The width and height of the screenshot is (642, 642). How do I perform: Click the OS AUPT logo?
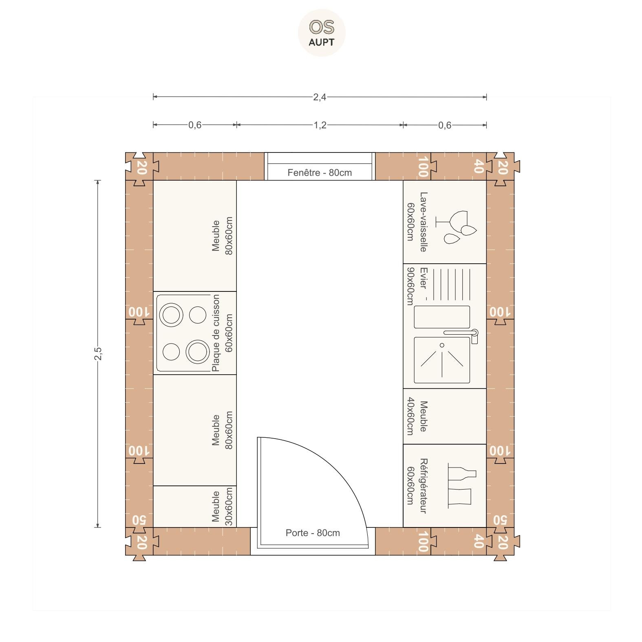(x=322, y=33)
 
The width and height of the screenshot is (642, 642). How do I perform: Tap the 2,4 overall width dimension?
(x=320, y=97)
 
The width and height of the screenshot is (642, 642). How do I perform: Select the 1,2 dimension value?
(x=320, y=125)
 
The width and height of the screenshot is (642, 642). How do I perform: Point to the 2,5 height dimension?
(x=98, y=353)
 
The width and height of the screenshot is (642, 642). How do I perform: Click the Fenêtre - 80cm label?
(x=320, y=172)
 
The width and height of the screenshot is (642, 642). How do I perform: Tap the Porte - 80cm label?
(x=313, y=533)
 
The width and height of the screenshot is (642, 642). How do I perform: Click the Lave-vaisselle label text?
(x=424, y=222)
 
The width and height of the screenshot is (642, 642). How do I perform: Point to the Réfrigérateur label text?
(x=424, y=485)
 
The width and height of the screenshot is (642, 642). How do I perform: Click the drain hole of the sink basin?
(x=442, y=345)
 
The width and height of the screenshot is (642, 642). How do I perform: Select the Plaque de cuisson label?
(x=216, y=333)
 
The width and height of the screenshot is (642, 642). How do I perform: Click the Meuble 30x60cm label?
(x=222, y=506)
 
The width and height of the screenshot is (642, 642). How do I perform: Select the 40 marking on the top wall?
(x=479, y=166)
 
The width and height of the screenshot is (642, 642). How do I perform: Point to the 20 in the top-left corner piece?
(x=141, y=167)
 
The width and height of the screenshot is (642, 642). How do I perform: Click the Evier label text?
(x=424, y=278)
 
